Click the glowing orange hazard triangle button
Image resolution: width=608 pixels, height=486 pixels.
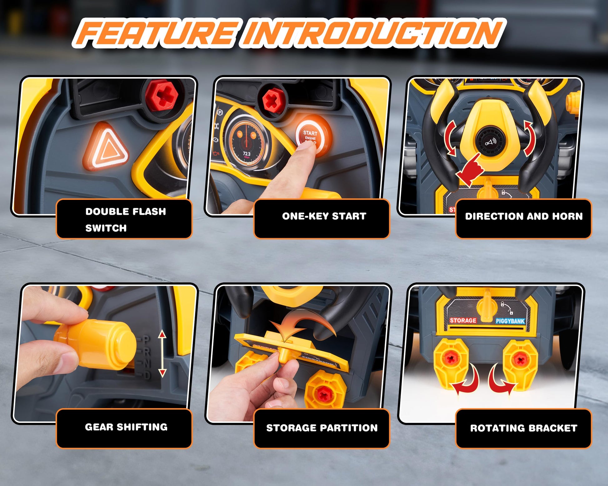coord(106,147)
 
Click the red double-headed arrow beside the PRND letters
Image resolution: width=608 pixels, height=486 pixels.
coord(162,353)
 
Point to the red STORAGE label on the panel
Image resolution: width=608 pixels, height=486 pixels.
coord(463,320)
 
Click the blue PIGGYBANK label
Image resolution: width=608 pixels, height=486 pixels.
coord(510,321)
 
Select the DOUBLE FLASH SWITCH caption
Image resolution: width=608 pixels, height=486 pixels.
coord(126,219)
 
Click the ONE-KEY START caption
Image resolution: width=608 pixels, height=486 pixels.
coord(324,216)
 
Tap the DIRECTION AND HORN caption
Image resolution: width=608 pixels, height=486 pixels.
coord(524,216)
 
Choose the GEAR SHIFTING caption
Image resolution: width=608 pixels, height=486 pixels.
coord(126,427)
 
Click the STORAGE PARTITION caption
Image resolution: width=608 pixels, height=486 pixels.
coord(322,427)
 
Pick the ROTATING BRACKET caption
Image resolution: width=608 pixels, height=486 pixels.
coord(524,428)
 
